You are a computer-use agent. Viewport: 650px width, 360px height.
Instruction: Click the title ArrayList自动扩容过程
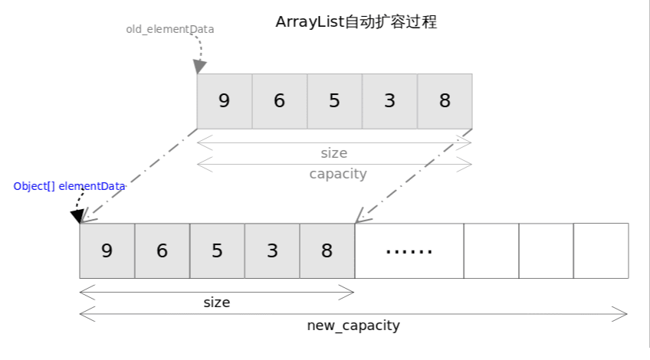pos(356,22)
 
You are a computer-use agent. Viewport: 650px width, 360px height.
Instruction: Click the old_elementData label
pos(170,29)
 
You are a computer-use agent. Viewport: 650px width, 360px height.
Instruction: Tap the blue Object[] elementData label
pos(69,186)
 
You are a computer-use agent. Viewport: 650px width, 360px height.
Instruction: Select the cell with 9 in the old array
pos(224,101)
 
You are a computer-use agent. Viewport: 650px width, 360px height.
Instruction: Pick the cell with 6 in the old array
pos(279,101)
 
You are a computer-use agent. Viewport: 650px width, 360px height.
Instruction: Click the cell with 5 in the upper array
pos(334,101)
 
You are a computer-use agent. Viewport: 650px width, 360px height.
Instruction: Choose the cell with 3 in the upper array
pos(389,101)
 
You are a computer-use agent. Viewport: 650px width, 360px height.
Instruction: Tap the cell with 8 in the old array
pos(445,101)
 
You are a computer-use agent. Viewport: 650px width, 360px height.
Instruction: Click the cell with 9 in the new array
pos(107,250)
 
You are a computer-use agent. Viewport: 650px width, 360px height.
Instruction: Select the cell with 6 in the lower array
pos(162,250)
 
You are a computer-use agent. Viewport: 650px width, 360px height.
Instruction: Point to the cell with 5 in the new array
pos(217,250)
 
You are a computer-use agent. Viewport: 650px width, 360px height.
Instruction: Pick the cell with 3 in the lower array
pos(272,250)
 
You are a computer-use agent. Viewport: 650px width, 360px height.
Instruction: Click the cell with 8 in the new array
pos(327,250)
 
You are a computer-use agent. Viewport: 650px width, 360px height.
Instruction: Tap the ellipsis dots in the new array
pos(409,250)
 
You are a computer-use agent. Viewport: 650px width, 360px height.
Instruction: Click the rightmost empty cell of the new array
pos(601,250)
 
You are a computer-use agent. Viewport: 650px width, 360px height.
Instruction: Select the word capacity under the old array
pos(338,174)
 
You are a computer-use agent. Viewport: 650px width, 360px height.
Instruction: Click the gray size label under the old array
pos(334,153)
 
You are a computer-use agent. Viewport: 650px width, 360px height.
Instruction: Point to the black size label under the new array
pos(217,303)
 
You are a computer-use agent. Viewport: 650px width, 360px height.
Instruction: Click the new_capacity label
pos(353,326)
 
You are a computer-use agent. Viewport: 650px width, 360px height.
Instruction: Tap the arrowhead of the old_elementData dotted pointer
pos(200,67)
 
